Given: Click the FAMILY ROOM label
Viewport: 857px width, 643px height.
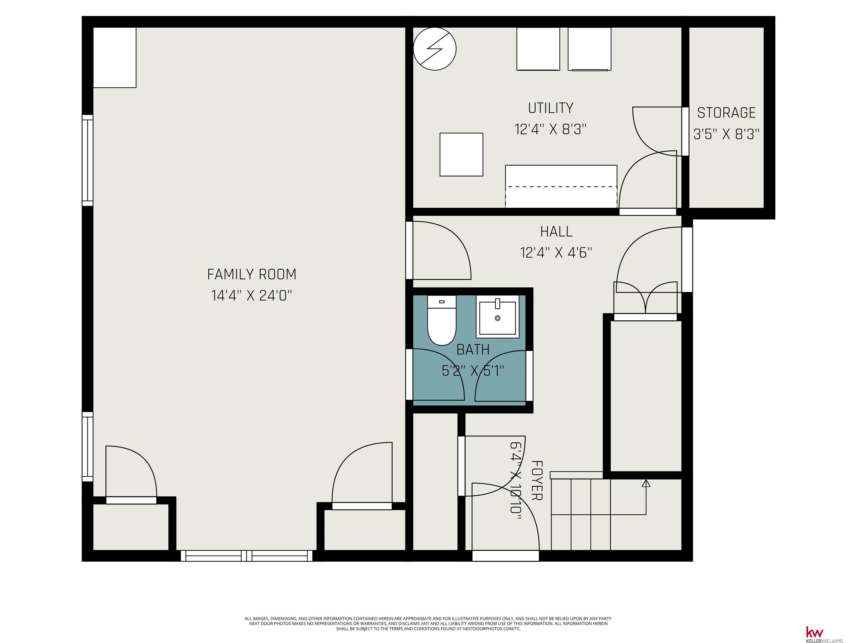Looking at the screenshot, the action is [x=252, y=274].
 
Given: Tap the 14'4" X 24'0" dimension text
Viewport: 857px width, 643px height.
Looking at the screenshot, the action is [x=252, y=296].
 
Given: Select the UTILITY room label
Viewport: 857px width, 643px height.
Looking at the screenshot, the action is [x=550, y=108].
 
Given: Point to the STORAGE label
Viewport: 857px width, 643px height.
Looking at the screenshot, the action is [x=726, y=113].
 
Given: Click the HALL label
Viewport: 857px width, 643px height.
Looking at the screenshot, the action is [x=556, y=232].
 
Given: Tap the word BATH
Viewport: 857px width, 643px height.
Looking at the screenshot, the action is [x=473, y=350].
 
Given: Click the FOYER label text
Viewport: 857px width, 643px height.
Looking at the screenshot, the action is [x=536, y=481].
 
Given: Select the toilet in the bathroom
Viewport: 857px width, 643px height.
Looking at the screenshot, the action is [x=442, y=320].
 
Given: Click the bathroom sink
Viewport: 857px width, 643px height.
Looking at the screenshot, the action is [x=497, y=316].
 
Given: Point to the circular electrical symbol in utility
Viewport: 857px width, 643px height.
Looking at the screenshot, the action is [x=435, y=49].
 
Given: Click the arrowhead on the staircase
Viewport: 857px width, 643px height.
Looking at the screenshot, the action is [x=646, y=483].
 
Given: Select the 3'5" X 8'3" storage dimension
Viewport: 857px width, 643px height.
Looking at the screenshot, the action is [x=726, y=134].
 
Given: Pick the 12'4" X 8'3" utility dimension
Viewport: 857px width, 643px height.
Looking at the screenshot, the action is [x=550, y=129].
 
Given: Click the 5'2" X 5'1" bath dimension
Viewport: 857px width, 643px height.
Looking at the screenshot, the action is [x=473, y=371].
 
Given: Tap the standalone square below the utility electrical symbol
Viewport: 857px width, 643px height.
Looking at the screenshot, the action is [x=461, y=155].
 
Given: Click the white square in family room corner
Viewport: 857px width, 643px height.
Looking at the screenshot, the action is [x=115, y=57].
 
